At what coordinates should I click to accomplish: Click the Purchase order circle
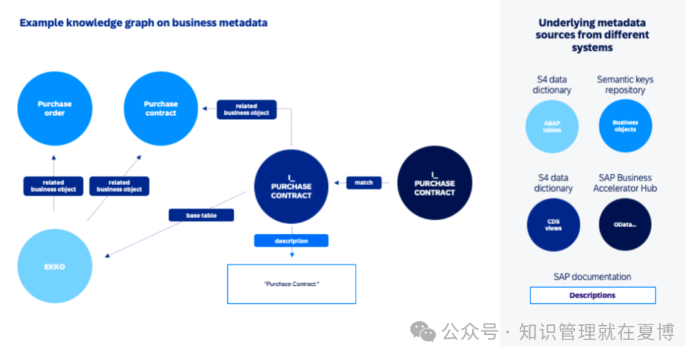[55, 108]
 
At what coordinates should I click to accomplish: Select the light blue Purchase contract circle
[161, 108]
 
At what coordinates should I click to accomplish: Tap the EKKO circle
[55, 266]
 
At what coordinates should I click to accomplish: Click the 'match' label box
[363, 183]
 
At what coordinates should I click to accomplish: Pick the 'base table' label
[201, 215]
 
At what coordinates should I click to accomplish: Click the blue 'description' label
[291, 241]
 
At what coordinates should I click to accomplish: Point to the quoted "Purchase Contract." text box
[292, 284]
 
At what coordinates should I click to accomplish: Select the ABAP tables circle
[552, 126]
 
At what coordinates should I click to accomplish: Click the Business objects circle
[625, 126]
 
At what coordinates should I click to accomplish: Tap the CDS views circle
[554, 225]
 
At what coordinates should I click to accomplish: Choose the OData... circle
[625, 225]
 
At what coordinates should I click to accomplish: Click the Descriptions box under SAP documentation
[592, 295]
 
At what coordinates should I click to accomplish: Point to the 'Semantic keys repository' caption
[625, 85]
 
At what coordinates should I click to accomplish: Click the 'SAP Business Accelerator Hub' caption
[625, 183]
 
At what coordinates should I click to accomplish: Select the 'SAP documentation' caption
[592, 276]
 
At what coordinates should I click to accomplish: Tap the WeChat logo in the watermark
[423, 332]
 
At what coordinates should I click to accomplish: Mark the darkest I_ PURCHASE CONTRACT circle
[434, 183]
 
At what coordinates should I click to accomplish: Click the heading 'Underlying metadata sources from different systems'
[592, 35]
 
